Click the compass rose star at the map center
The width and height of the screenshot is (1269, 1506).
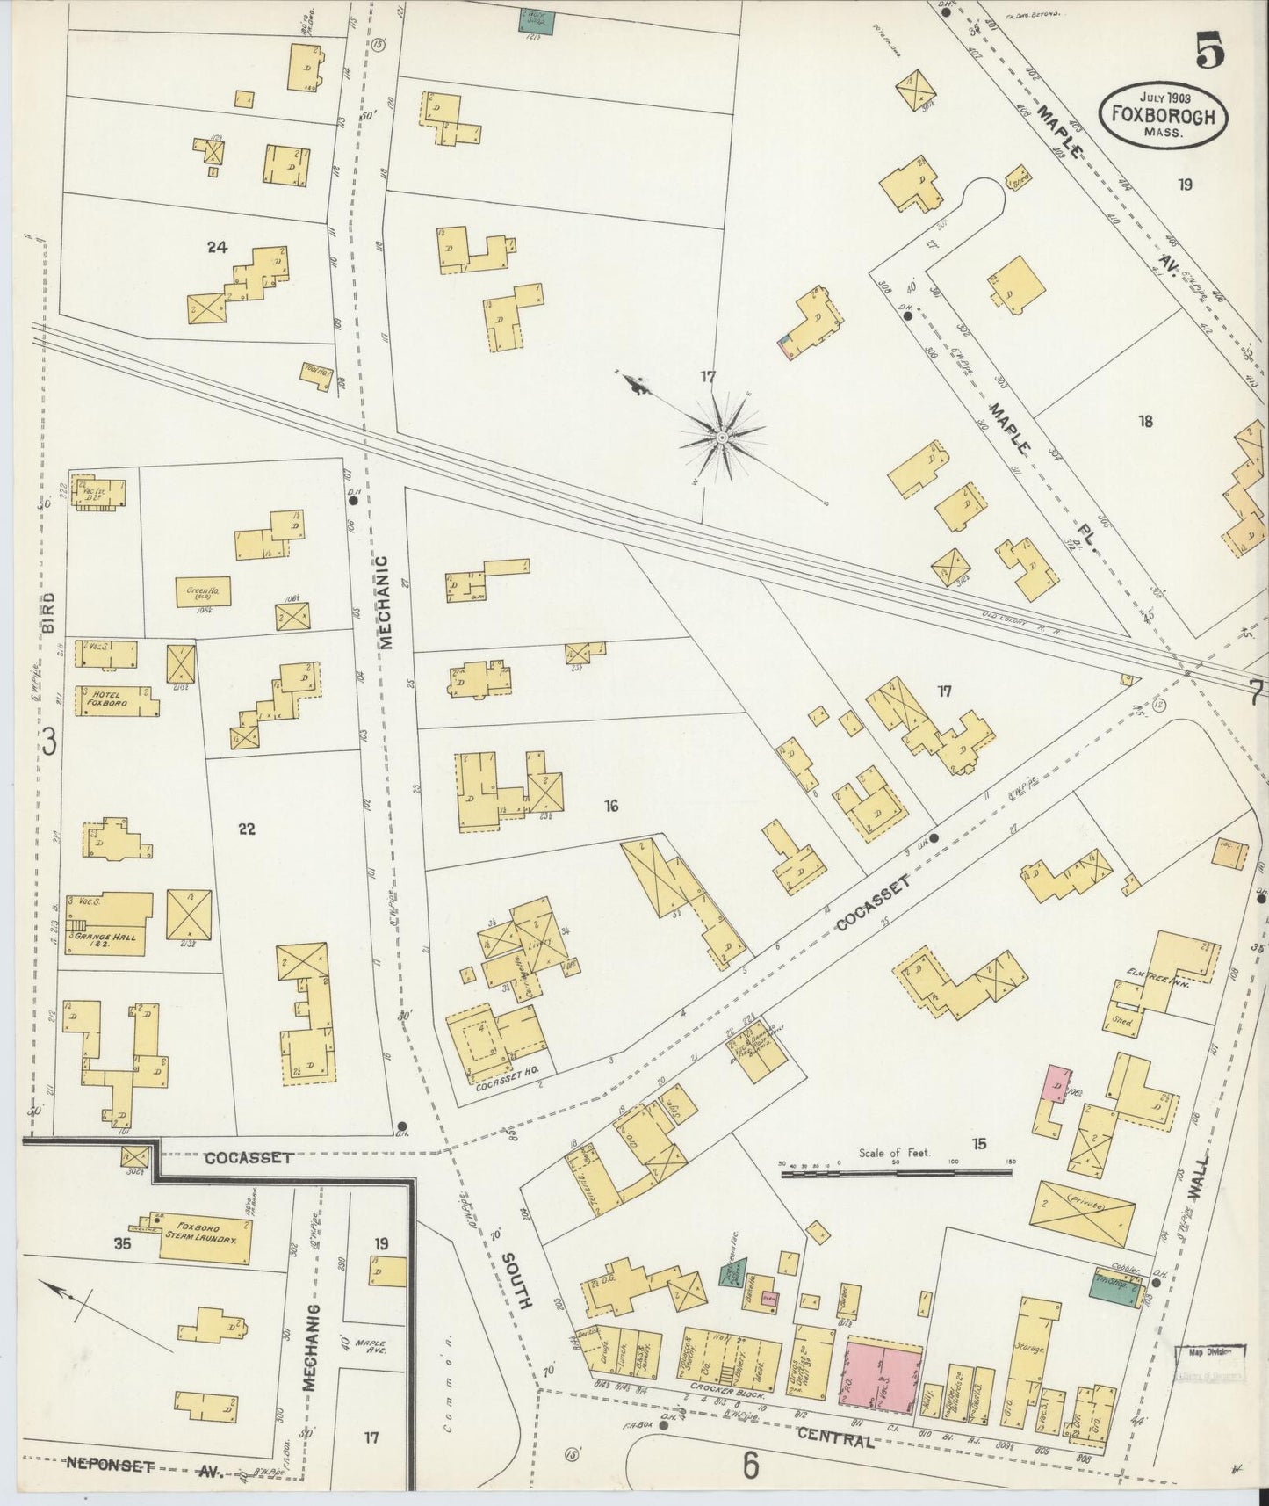point(722,437)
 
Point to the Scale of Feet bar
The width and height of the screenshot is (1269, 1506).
point(896,1171)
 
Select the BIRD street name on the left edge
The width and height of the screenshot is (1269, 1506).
point(49,613)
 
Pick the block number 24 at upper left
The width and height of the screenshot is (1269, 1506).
point(217,248)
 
